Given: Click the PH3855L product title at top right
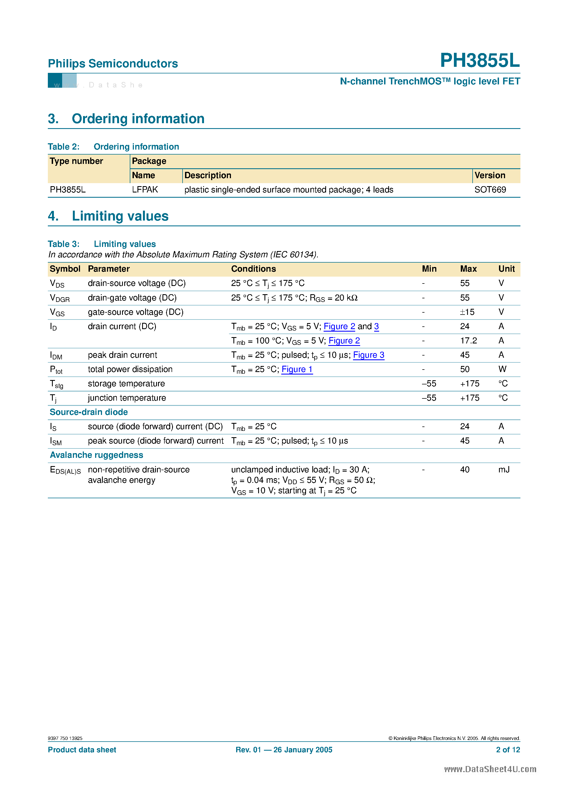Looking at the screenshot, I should coord(479,60).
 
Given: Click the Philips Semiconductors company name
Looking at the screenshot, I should coord(113,64).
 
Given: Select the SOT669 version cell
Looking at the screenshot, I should coord(490,190).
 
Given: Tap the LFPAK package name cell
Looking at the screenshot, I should coord(145,190).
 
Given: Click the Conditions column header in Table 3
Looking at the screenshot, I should coord(253,269).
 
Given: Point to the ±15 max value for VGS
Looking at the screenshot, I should coord(467,312).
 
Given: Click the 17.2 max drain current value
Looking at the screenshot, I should coord(468,341).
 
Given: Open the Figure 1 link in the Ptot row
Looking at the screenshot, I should coord(297,370).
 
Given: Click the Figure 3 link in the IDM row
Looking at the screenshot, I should coord(368,355).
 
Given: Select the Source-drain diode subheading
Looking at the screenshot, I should coord(89,412).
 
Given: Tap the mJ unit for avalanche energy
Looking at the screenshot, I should coord(504,470).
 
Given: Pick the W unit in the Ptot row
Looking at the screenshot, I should coord(502,370).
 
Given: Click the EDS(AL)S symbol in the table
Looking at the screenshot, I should coord(65,470).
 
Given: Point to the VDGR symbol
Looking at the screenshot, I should coord(60,298).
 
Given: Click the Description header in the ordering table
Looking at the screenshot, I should coord(208,175).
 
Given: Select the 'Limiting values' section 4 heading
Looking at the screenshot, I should coord(120,216).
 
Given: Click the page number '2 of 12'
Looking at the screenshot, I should coord(508,750).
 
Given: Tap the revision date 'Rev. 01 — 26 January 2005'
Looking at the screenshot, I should coord(284,750).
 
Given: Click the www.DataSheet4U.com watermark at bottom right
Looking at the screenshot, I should coord(490,769).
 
